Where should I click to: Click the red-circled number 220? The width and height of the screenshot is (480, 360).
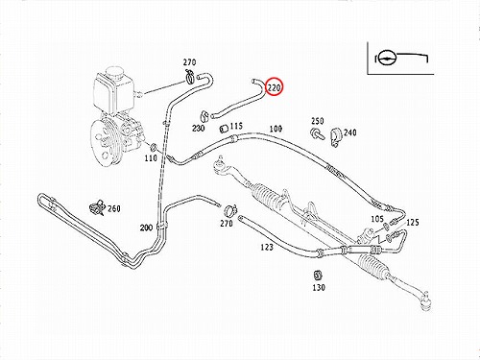pyautogui.click(x=275, y=87)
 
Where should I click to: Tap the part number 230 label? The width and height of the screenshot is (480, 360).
pyautogui.click(x=199, y=129)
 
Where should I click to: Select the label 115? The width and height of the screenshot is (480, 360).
pyautogui.click(x=236, y=126)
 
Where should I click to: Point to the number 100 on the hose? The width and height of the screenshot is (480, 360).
pyautogui.click(x=276, y=129)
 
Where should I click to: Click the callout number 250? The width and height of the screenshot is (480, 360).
pyautogui.click(x=318, y=121)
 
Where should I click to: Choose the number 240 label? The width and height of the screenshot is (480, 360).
pyautogui.click(x=349, y=132)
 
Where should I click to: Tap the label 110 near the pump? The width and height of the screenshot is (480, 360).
pyautogui.click(x=151, y=158)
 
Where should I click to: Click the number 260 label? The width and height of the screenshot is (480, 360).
pyautogui.click(x=114, y=208)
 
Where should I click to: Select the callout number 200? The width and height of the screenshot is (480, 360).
pyautogui.click(x=146, y=228)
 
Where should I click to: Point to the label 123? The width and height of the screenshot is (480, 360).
pyautogui.click(x=267, y=247)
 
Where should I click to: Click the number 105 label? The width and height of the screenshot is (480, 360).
pyautogui.click(x=377, y=219)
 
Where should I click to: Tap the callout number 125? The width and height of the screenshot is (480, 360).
pyautogui.click(x=413, y=222)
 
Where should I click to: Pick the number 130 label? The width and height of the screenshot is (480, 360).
pyautogui.click(x=319, y=288)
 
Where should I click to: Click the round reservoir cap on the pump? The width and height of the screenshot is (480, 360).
pyautogui.click(x=114, y=74)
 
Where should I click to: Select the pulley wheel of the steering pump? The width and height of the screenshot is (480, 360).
pyautogui.click(x=105, y=143)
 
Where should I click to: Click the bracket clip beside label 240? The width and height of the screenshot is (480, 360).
pyautogui.click(x=336, y=136)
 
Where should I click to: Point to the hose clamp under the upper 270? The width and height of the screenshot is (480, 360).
pyautogui.click(x=190, y=77)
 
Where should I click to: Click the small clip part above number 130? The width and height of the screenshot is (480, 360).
pyautogui.click(x=318, y=276)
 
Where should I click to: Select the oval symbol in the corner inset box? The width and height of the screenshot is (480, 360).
pyautogui.click(x=387, y=58)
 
